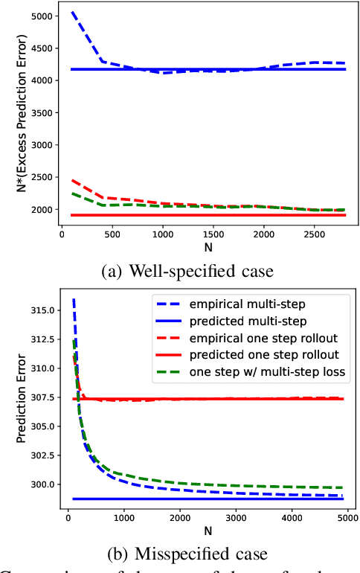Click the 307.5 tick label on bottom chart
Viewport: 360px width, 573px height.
tap(41, 398)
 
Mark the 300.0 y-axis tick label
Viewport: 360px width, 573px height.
tap(41, 484)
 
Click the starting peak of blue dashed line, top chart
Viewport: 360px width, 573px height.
tap(71, 12)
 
